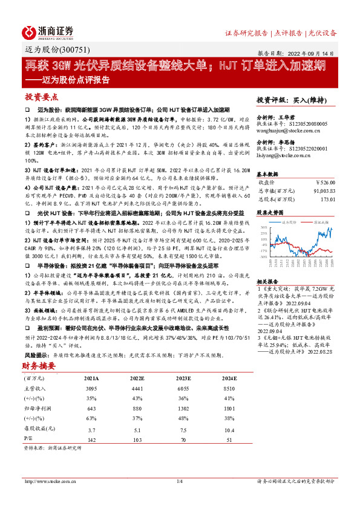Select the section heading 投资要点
point(42,97)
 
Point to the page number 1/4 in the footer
point(179,481)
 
